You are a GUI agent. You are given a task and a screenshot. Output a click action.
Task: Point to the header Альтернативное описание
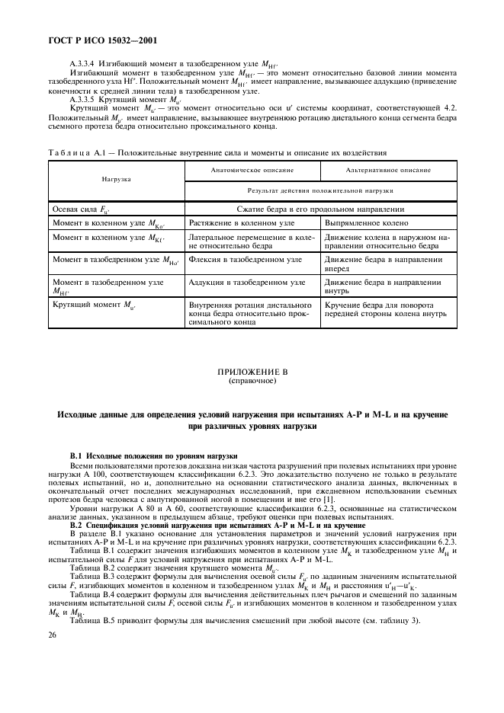(388, 171)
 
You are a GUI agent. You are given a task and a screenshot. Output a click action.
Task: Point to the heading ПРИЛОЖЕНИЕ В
(252, 371)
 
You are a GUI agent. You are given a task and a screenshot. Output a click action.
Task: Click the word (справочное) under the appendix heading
(252, 380)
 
